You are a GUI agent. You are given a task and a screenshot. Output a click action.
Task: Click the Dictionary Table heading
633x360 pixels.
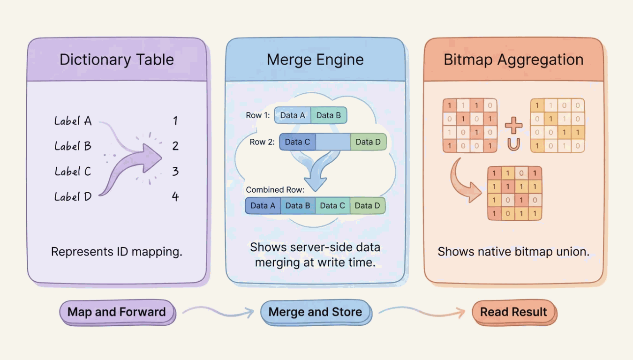(117, 60)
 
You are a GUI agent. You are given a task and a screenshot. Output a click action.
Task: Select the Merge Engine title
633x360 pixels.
(315, 60)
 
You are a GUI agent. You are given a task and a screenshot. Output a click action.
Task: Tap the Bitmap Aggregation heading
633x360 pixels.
(513, 60)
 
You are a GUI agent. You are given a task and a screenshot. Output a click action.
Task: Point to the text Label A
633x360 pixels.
(73, 121)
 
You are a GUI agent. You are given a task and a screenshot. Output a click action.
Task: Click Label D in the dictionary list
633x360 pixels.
(73, 197)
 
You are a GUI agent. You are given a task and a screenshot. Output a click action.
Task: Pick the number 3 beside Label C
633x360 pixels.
(175, 172)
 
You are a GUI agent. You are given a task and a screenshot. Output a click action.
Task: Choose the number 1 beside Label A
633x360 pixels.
(175, 121)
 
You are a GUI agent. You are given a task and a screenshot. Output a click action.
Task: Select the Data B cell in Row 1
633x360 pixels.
(328, 116)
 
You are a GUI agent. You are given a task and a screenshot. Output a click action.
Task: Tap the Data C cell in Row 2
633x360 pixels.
(297, 142)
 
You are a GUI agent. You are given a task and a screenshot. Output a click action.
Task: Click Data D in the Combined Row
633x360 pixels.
(368, 205)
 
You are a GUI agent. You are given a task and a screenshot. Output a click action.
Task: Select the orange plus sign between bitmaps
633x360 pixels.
(513, 125)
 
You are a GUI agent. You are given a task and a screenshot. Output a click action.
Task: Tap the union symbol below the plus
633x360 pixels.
(513, 144)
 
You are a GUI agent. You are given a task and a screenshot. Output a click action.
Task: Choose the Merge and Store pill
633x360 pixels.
(315, 312)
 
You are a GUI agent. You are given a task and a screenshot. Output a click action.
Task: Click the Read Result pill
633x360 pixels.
(513, 312)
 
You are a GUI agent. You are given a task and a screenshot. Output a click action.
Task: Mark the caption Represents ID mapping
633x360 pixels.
(117, 252)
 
